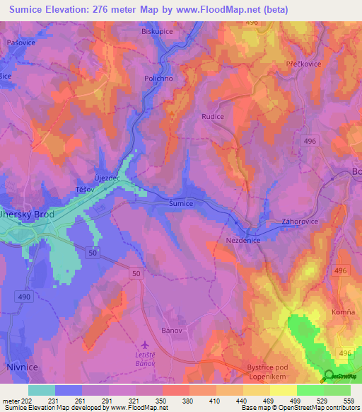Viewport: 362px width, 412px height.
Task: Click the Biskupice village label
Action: click(157, 32)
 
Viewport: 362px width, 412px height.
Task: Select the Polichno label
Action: click(158, 79)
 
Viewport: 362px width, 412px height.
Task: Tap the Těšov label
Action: click(86, 191)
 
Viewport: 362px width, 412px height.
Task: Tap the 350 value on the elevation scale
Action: click(162, 400)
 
